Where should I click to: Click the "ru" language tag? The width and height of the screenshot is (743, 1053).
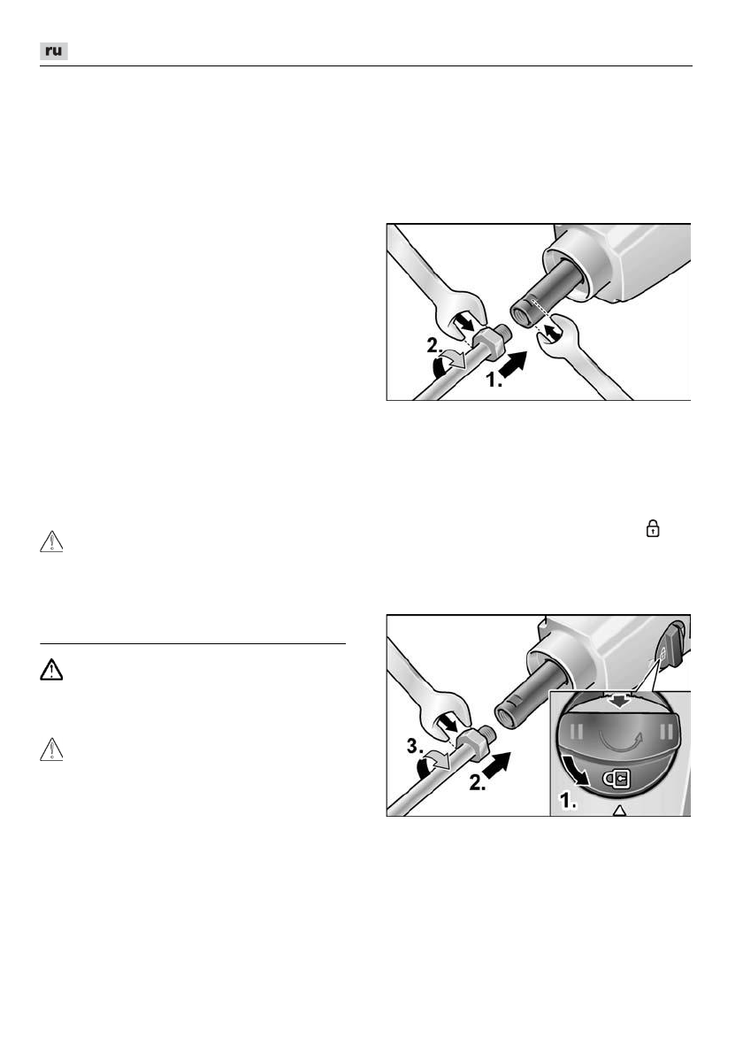pyautogui.click(x=54, y=51)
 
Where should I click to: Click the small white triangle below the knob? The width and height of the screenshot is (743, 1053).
pyautogui.click(x=619, y=810)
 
